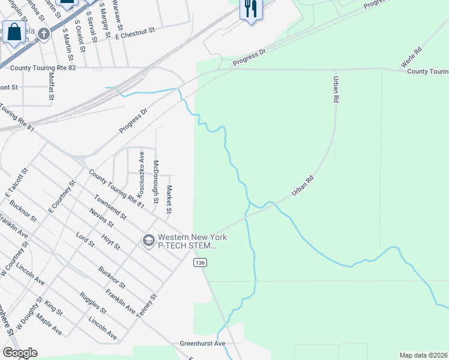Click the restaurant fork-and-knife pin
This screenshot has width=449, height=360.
(250, 9)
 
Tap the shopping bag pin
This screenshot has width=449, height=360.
(14, 31)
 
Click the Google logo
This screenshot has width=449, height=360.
(20, 353)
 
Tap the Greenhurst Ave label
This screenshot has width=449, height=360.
(202, 344)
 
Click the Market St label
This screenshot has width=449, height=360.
(169, 200)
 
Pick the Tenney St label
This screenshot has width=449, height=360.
(148, 305)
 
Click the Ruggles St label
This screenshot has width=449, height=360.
(92, 303)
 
